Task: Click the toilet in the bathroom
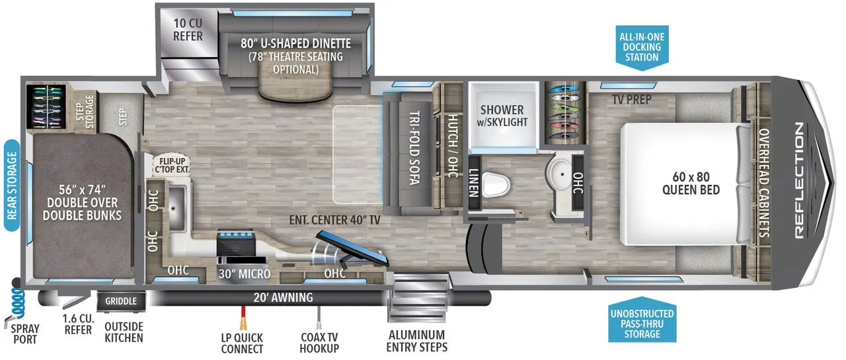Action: click(495, 184)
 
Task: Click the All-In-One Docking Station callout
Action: click(642, 47)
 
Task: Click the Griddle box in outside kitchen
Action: click(121, 301)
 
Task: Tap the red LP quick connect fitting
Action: click(243, 323)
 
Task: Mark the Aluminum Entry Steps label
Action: click(416, 341)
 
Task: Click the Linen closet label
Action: click(473, 181)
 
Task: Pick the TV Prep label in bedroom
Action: click(631, 100)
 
